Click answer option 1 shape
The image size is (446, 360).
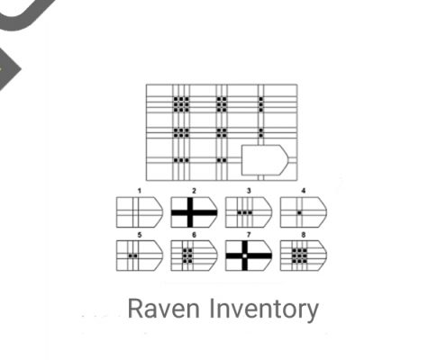(140, 212)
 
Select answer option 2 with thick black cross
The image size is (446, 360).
(194, 212)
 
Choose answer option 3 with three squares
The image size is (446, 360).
(249, 212)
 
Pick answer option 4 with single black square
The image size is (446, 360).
(304, 212)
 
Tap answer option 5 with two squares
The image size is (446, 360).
(140, 256)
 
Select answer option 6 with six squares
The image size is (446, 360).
(194, 256)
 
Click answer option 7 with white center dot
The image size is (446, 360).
(249, 256)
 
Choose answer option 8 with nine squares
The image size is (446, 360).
(304, 256)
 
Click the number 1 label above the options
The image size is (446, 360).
(140, 191)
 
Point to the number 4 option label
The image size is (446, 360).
(304, 191)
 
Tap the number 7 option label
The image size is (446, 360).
(249, 235)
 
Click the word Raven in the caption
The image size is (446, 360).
(164, 309)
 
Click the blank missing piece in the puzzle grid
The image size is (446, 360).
(264, 160)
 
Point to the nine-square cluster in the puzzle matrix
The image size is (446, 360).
(181, 104)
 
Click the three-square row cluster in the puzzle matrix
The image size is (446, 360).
(181, 160)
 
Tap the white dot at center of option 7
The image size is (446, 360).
(245, 256)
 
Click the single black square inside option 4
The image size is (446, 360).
(299, 212)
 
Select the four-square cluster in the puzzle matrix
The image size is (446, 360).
(222, 132)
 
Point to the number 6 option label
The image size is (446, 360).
(194, 235)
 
